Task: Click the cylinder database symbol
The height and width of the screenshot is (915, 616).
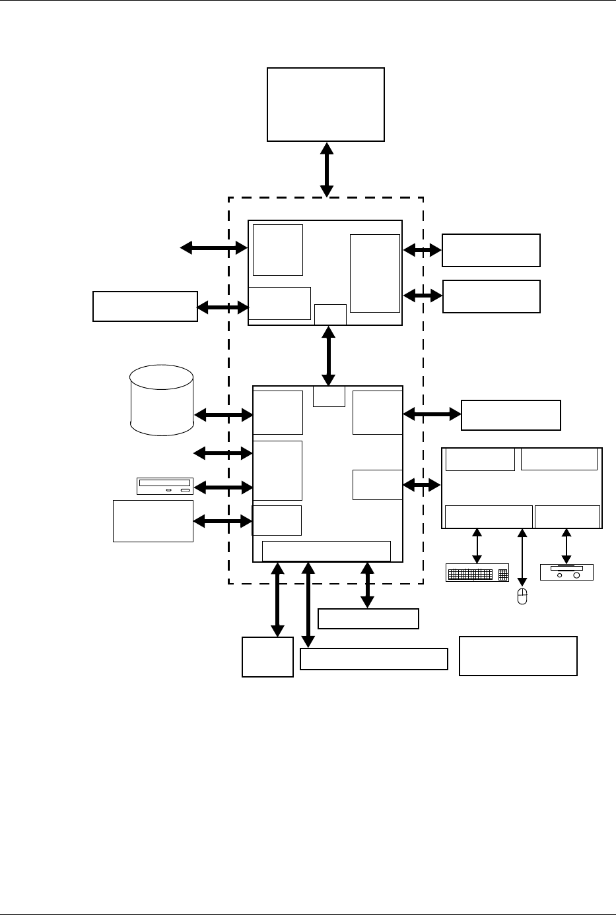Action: click(x=162, y=400)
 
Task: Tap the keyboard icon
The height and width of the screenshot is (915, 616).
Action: click(x=477, y=573)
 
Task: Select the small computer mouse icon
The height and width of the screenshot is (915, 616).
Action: click(x=522, y=597)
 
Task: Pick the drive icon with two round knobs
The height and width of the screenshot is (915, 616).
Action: click(x=566, y=572)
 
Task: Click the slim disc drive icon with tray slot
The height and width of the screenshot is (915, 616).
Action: click(x=164, y=486)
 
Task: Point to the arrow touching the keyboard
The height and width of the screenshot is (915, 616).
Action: click(x=477, y=546)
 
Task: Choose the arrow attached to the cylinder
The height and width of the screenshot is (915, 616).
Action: click(x=224, y=415)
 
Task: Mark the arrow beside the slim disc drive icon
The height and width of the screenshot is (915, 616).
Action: click(x=224, y=488)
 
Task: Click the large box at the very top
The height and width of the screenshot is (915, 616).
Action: click(x=325, y=104)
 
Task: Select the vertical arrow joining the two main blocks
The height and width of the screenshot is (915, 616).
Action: click(x=328, y=356)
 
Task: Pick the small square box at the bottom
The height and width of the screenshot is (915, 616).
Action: click(x=267, y=656)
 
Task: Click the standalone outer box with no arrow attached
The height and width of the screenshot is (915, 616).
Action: click(x=518, y=656)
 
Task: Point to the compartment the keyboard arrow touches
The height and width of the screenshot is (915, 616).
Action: click(x=489, y=517)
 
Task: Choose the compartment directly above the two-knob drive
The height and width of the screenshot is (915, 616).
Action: click(x=567, y=517)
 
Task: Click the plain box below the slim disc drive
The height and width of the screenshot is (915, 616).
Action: click(x=153, y=521)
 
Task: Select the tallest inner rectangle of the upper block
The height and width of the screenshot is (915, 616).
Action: click(x=374, y=273)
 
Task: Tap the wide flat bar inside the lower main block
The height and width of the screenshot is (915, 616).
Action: click(x=326, y=551)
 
